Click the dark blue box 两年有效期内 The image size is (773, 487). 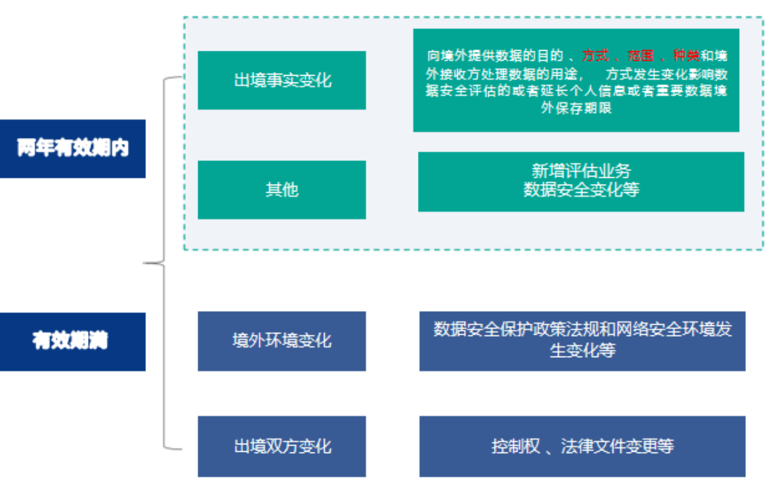[72, 149]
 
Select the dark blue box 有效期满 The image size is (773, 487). [72, 341]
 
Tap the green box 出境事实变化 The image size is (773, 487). [281, 80]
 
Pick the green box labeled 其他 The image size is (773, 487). [281, 189]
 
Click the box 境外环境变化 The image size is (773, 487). [281, 340]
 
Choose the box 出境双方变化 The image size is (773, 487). [281, 446]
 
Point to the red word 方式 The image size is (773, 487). [595, 55]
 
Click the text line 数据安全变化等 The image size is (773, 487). [581, 190]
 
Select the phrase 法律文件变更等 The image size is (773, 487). [617, 446]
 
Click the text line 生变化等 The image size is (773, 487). [582, 350]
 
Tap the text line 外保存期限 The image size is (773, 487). [576, 108]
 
